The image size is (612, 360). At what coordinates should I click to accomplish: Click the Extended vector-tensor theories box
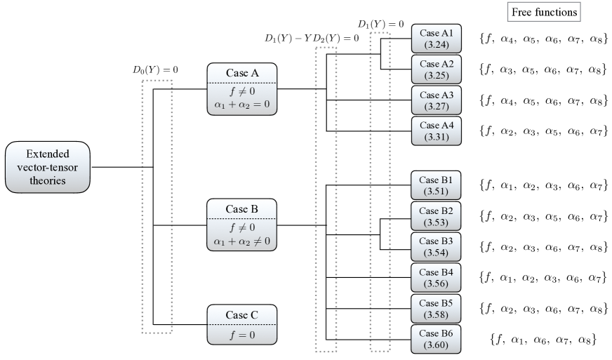point(48,167)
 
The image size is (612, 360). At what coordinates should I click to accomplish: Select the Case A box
point(242,89)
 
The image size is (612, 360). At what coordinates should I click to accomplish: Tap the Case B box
point(241,225)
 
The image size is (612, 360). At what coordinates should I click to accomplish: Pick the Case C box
point(242,324)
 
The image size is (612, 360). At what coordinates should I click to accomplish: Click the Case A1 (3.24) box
point(437,39)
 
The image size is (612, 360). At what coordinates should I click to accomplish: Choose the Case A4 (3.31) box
point(437,131)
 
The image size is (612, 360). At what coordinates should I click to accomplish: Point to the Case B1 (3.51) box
point(436,185)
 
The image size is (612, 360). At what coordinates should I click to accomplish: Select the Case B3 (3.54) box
point(436,247)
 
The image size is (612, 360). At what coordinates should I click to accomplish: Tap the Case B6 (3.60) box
point(436,339)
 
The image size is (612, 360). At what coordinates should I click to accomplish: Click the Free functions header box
point(544,12)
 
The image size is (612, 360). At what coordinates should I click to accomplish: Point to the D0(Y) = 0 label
point(155,70)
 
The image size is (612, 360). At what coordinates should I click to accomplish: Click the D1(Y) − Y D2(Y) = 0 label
point(312,38)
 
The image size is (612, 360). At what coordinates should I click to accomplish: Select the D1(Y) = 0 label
point(381,24)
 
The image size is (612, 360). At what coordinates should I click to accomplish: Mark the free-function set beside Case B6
point(543,340)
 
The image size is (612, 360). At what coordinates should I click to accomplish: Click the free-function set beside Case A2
point(544,69)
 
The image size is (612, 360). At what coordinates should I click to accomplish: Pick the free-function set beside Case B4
point(544,278)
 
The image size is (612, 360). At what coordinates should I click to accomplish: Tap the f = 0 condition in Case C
point(242,335)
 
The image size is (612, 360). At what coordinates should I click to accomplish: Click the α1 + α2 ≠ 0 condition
point(241,241)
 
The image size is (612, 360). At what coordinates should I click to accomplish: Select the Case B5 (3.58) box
point(436,309)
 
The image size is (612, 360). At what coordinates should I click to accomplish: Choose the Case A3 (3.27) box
point(437,100)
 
